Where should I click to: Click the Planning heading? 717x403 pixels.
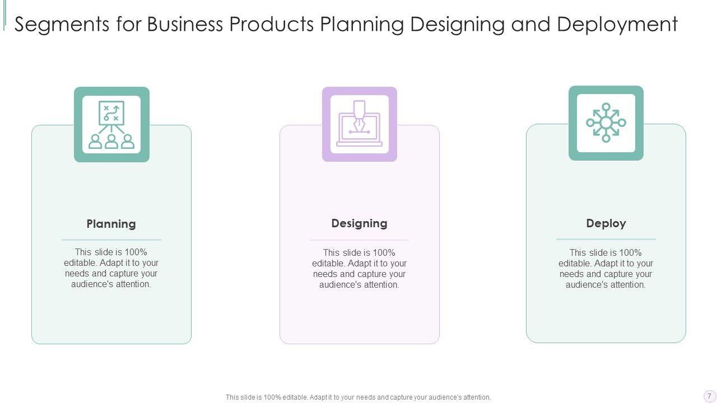111,224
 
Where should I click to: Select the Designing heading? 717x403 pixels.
359,223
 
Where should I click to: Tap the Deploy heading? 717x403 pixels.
606,223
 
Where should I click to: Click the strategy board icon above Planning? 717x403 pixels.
111,124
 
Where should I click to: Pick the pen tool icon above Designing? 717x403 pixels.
359,124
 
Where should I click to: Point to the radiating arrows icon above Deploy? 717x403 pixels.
606,123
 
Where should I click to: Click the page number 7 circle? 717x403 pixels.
709,396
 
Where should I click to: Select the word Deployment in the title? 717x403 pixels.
617,25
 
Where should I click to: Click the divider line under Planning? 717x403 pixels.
111,240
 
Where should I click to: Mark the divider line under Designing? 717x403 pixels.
359,240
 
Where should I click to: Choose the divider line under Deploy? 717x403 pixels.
606,239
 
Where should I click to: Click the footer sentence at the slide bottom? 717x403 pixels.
358,397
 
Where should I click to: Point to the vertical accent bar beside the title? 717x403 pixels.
4,15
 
